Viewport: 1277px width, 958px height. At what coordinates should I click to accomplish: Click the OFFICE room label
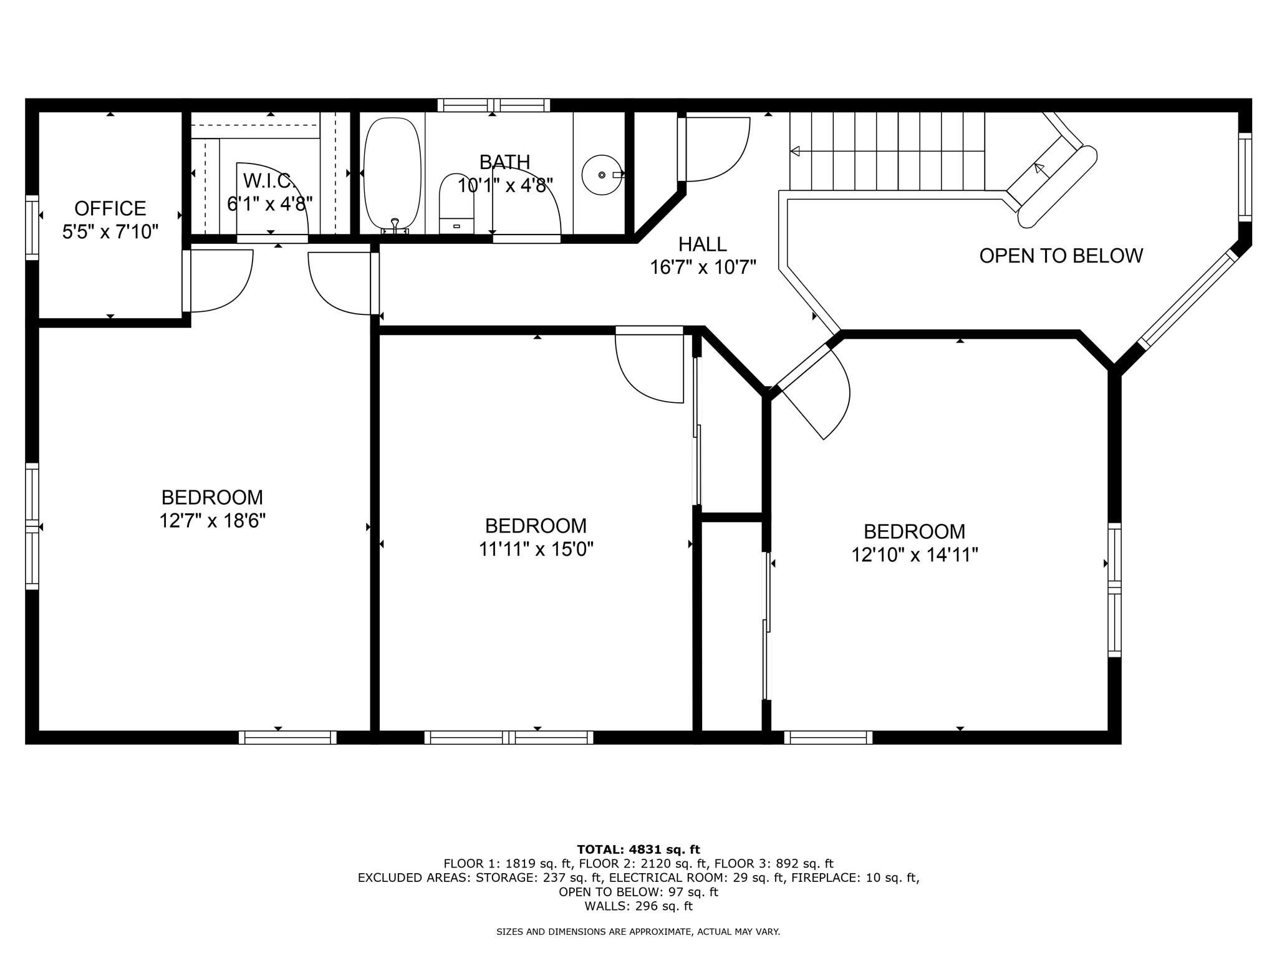(x=110, y=208)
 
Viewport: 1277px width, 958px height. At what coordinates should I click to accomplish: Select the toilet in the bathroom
(x=456, y=203)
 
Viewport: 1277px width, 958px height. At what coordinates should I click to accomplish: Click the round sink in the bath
(x=602, y=175)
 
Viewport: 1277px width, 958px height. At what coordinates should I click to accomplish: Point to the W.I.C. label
(x=269, y=181)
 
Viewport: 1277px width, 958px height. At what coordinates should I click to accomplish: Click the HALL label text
(x=703, y=244)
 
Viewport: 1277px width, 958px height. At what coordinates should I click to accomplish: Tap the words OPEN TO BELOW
(x=1061, y=256)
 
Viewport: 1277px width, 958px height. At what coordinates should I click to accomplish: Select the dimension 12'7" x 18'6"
(x=213, y=520)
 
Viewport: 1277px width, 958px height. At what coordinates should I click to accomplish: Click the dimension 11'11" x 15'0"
(x=536, y=549)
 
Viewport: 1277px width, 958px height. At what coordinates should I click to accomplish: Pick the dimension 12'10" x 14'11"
(x=915, y=554)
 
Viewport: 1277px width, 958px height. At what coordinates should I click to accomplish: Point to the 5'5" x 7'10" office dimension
(x=110, y=232)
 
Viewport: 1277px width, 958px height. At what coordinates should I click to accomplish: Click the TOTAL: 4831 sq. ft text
(x=638, y=849)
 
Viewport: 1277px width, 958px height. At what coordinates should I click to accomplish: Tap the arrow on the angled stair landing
(x=1039, y=168)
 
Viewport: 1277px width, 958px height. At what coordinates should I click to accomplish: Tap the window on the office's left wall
(x=32, y=228)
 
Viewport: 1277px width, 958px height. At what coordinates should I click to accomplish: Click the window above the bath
(x=494, y=105)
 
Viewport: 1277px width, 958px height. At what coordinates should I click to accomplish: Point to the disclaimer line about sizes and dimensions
(x=638, y=932)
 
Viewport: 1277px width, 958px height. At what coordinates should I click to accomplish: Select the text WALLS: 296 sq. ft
(x=638, y=906)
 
